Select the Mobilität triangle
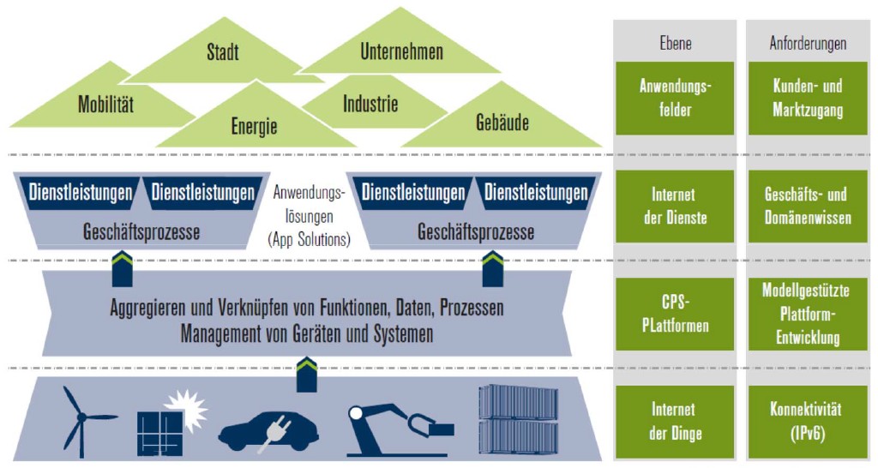click(105, 105)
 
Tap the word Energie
click(255, 128)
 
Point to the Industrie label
click(370, 105)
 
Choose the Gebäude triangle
click(502, 123)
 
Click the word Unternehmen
click(401, 52)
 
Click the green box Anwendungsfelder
click(675, 98)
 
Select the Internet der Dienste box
click(675, 206)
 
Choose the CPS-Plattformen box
click(675, 314)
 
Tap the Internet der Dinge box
click(675, 421)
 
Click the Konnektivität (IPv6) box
click(806, 421)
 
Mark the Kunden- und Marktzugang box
click(806, 98)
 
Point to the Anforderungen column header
click(807, 43)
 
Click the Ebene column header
click(676, 43)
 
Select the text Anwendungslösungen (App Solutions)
click(309, 217)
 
